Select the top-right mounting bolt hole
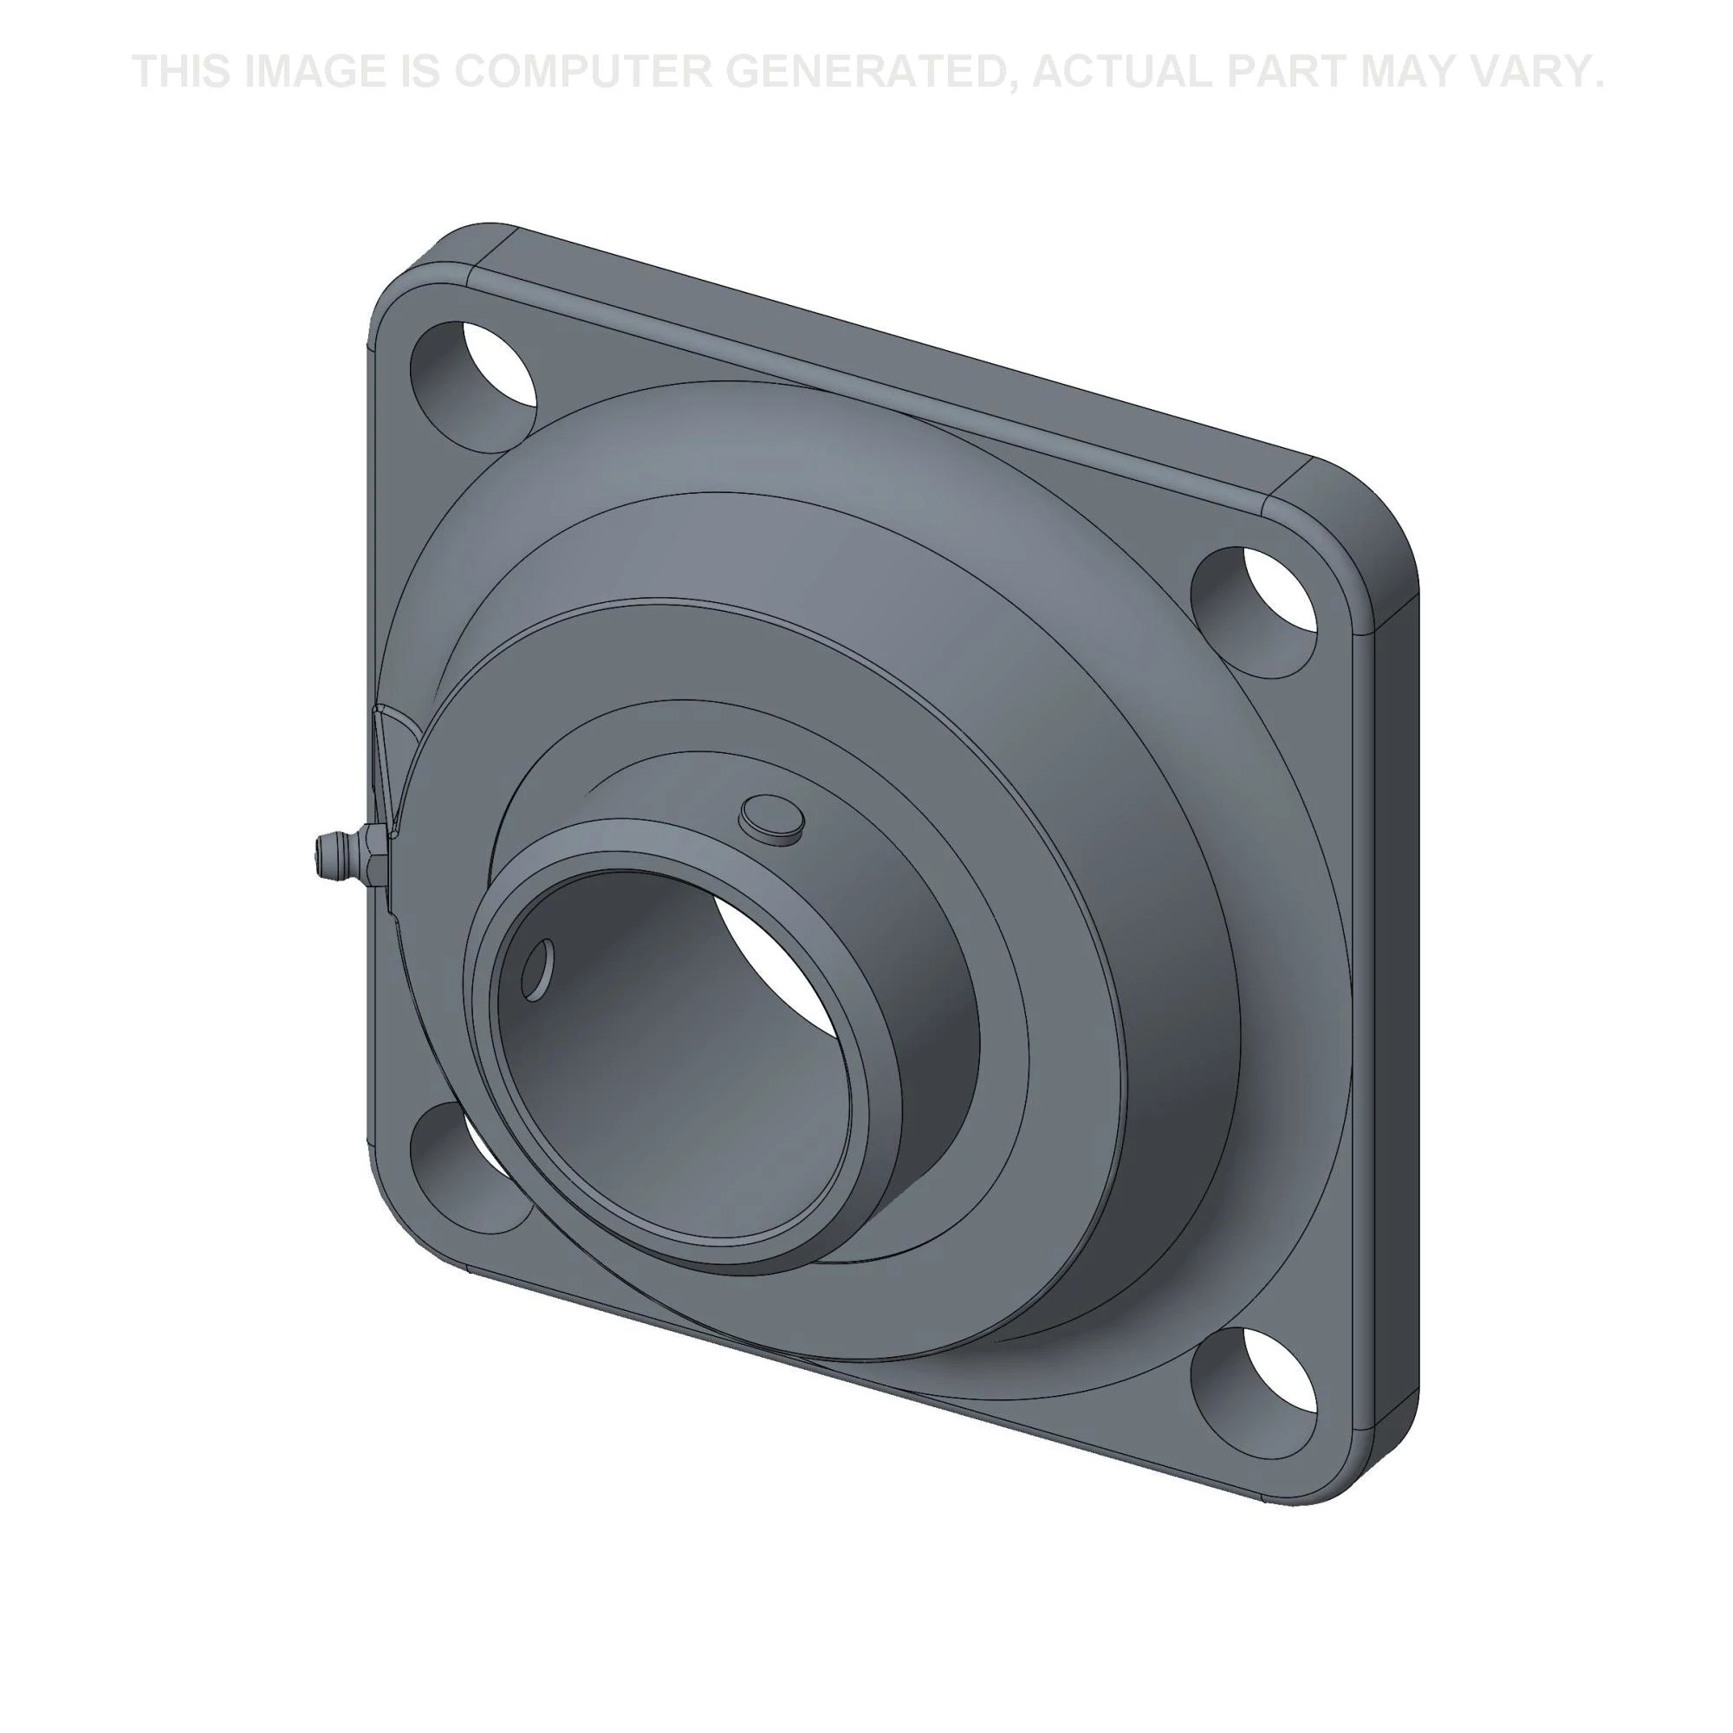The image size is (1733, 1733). click(1256, 613)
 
